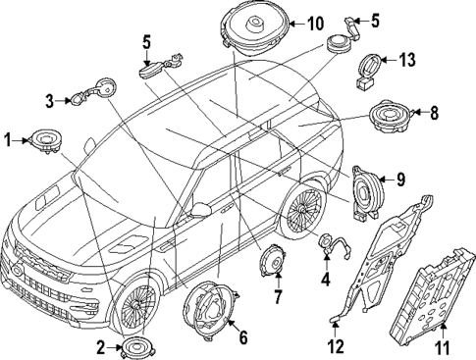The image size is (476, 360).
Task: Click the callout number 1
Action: pyautogui.click(x=8, y=140)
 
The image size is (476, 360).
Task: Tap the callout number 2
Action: pyautogui.click(x=101, y=348)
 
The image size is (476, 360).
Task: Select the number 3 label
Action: pyautogui.click(x=49, y=101)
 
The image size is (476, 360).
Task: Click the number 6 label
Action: pyautogui.click(x=243, y=337)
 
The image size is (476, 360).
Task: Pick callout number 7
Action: pyautogui.click(x=278, y=297)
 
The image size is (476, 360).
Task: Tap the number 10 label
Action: pyautogui.click(x=316, y=24)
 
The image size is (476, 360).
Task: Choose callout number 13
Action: pyautogui.click(x=406, y=60)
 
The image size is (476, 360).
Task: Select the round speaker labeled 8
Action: pyautogui.click(x=391, y=116)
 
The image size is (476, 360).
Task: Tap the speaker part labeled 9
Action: pyautogui.click(x=367, y=193)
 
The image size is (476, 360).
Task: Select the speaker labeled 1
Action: pyautogui.click(x=46, y=141)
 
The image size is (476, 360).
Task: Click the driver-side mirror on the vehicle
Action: pyautogui.click(x=201, y=210)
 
